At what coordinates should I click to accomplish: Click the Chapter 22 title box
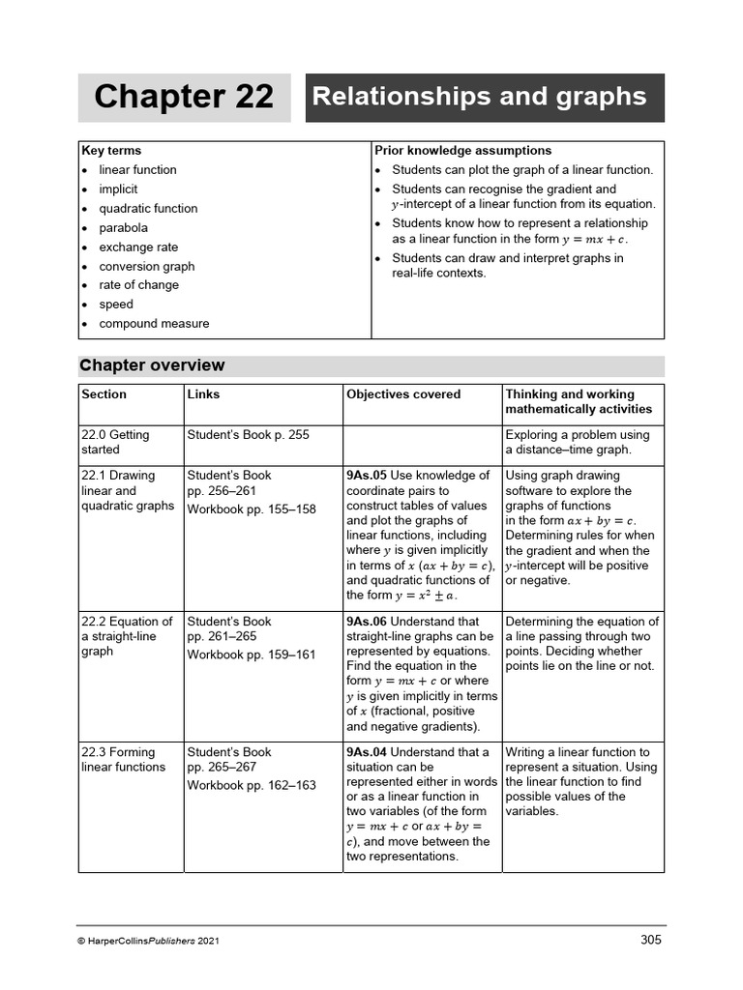(x=184, y=98)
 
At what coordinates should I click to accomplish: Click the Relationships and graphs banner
(x=485, y=98)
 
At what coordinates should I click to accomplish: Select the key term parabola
(x=123, y=228)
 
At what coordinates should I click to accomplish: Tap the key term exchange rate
(x=138, y=247)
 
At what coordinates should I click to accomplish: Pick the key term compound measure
(x=154, y=324)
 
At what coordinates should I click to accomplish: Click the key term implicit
(x=118, y=189)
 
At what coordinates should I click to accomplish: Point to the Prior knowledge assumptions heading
(x=462, y=151)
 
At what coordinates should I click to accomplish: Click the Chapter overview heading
(x=152, y=365)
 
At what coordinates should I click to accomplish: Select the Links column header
(x=203, y=394)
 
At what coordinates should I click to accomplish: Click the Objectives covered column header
(x=403, y=394)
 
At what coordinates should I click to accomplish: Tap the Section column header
(x=104, y=394)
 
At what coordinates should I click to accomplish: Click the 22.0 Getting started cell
(x=115, y=442)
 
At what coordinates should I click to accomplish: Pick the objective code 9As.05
(x=367, y=476)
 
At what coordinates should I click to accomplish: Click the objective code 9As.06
(x=367, y=622)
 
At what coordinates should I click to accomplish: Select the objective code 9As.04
(x=367, y=752)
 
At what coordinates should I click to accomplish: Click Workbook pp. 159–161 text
(x=252, y=655)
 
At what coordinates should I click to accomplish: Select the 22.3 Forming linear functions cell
(x=123, y=759)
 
